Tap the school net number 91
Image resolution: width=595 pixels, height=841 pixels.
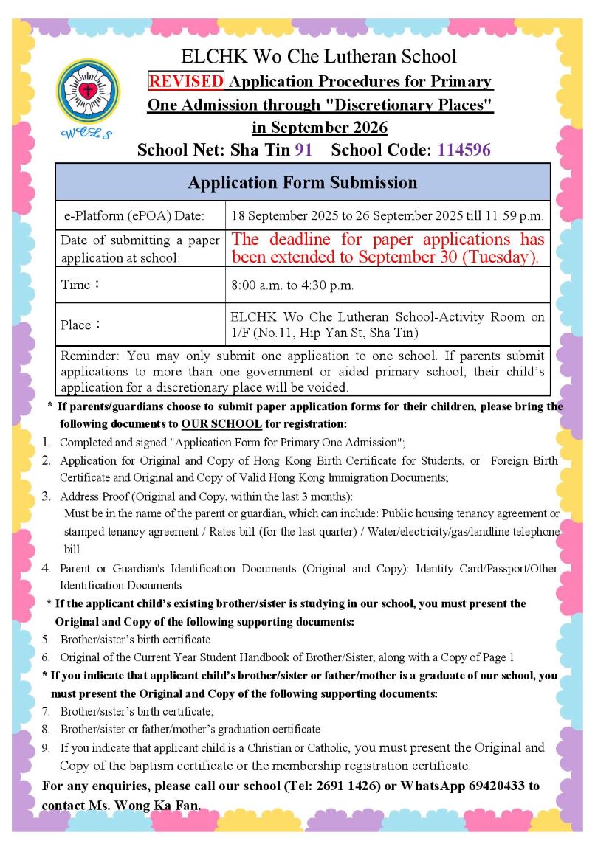coord(303,150)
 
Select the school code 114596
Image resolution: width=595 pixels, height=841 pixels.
coord(464,150)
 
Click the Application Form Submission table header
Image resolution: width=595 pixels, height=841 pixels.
coord(302,182)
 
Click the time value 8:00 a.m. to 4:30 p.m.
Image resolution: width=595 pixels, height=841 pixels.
coord(292,285)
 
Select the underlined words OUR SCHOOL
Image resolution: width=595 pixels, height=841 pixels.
coord(221,424)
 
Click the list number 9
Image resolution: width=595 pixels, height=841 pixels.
coord(46,748)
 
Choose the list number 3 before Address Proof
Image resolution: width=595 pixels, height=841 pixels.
coord(46,496)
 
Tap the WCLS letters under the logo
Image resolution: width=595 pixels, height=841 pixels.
coord(87,133)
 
